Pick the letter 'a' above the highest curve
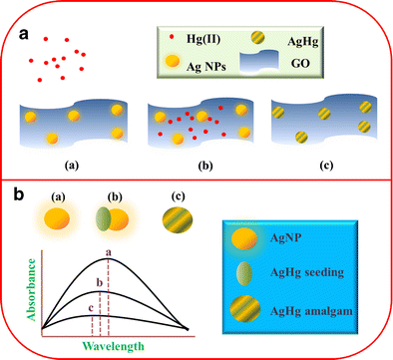tap(108, 252)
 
